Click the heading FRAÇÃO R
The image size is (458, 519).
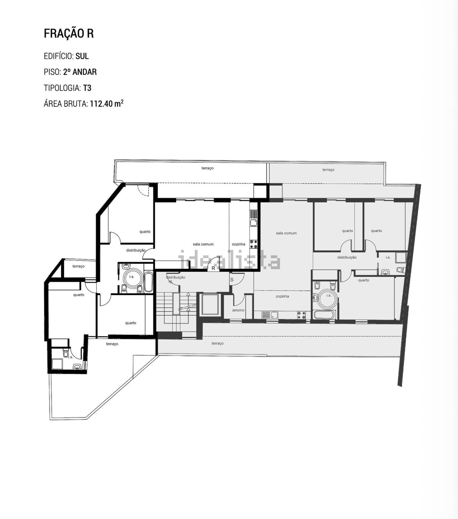point(69,33)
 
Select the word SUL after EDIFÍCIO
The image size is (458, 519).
point(82,56)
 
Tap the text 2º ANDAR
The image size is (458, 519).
point(80,72)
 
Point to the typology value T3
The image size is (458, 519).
point(87,88)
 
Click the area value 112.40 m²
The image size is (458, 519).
point(107,104)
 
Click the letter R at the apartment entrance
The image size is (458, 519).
point(213,269)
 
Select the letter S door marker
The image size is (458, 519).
point(232,280)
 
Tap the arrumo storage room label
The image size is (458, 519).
point(238,310)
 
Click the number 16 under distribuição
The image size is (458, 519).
point(170,282)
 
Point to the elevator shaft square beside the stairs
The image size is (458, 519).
point(210,304)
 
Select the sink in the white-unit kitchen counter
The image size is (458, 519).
point(254,223)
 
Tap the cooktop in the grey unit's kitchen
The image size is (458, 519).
point(302,315)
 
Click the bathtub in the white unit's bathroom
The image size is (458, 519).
point(149,282)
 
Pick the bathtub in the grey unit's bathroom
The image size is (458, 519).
point(324,315)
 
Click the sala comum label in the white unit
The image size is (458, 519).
point(203,244)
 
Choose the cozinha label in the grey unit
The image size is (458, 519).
point(282,296)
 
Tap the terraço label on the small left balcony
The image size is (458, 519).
point(78,266)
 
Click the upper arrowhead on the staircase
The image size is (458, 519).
point(188,294)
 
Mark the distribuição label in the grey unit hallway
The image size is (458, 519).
point(347,257)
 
